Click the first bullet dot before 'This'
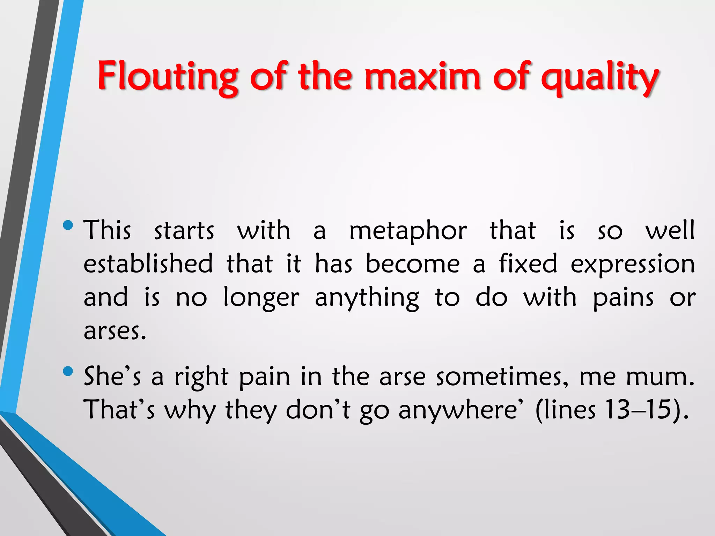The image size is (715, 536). tap(68, 225)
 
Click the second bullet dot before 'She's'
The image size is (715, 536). tap(68, 371)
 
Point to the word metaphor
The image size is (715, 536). tap(408, 231)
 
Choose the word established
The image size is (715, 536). tap(148, 264)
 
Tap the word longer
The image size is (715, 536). tap(261, 298)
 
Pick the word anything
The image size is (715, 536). tap(367, 298)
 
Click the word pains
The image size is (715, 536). tap(623, 298)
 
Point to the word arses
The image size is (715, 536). tap(115, 331)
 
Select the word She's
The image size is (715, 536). tap(112, 377)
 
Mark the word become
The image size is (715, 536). tap(413, 264)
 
